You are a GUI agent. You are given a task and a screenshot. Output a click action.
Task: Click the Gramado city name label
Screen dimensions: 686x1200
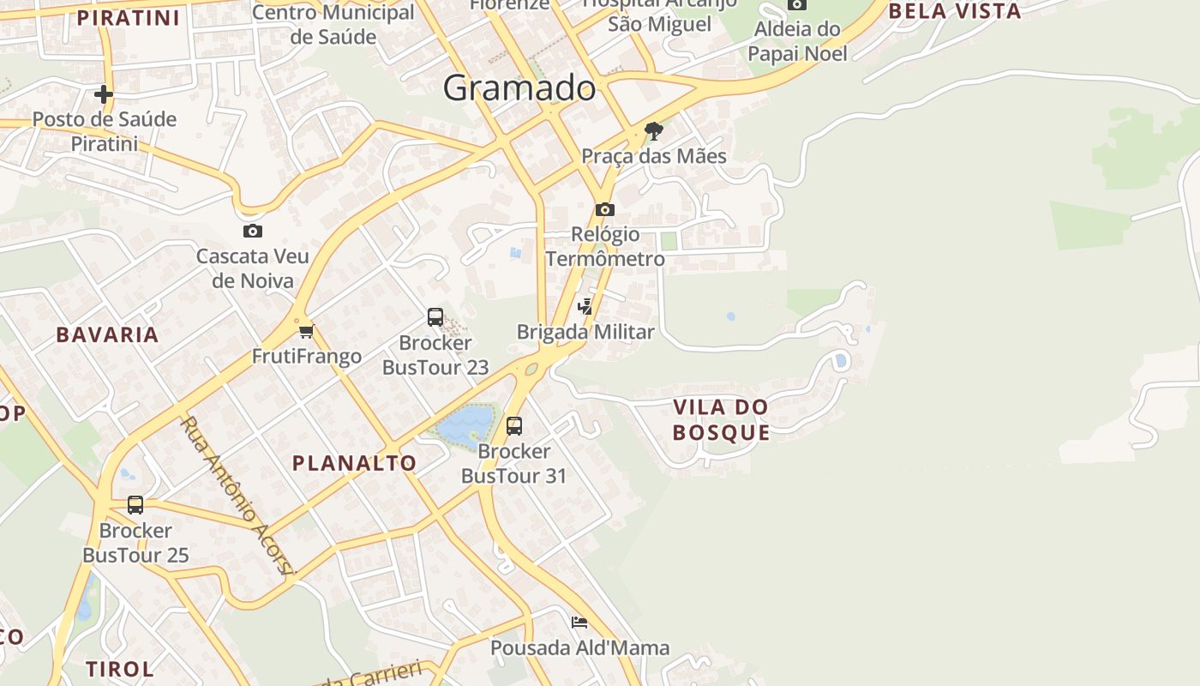pos(519,87)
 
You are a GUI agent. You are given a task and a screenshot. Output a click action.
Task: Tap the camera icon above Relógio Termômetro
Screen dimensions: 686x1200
pos(604,209)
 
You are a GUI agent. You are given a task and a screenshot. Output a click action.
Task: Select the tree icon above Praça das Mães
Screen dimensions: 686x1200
pos(654,131)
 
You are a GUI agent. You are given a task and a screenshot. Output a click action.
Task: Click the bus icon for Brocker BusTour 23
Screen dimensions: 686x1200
pos(435,317)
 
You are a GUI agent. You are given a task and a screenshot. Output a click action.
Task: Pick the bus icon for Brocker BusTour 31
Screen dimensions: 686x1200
pos(514,425)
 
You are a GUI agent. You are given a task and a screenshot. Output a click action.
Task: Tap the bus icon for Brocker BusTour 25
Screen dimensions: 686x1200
pos(135,505)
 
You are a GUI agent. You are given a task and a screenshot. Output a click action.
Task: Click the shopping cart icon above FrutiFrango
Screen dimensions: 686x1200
pos(306,331)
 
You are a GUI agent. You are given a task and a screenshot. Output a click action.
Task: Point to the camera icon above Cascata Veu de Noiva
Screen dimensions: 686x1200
pos(252,231)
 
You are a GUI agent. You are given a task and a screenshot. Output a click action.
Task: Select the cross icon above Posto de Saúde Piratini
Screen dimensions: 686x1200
pos(104,93)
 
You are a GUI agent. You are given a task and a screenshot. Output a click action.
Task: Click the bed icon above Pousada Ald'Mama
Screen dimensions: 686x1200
pos(579,622)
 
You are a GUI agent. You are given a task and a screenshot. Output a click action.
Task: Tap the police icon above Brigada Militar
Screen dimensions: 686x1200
pos(585,306)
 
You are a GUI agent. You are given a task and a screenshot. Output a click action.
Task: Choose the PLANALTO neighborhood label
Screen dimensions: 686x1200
pos(354,463)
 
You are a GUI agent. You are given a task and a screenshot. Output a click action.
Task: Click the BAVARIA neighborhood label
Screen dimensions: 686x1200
pos(108,334)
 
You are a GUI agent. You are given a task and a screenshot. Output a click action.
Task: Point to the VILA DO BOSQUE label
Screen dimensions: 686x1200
pos(721,419)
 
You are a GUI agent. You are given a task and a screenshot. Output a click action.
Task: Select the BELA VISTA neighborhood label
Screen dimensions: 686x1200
pos(955,11)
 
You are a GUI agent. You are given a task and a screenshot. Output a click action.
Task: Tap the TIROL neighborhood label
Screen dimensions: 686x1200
pos(120,668)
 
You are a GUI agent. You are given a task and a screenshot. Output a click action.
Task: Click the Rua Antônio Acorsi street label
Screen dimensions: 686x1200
pos(237,496)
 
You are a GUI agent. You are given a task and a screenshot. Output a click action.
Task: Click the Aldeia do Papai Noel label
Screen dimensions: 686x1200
pos(797,41)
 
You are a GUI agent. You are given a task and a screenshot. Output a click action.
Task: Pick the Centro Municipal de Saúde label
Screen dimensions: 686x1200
pos(333,24)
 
